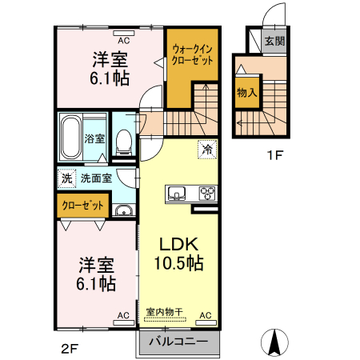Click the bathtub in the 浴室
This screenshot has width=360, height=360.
coord(70,138)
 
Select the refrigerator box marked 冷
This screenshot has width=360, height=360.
coord(206,150)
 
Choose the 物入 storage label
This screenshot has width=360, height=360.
coord(246,92)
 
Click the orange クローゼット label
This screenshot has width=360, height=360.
coord(83,206)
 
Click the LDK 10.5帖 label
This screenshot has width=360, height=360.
coord(178,253)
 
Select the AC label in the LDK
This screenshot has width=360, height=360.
coord(204,315)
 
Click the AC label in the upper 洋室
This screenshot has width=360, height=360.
coord(124,39)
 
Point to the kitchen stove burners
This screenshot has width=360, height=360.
coord(206,193)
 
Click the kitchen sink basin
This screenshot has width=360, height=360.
coord(176,193)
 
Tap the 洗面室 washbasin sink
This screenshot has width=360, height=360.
coord(123,211)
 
